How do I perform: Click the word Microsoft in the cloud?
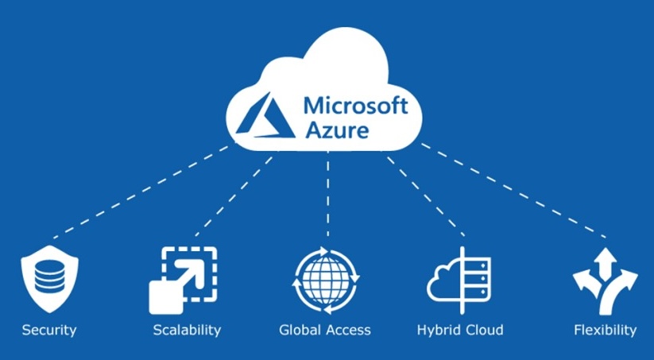click(356, 105)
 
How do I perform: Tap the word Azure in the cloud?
click(338, 130)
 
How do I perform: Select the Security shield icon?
click(49, 279)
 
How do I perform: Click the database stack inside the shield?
click(49, 278)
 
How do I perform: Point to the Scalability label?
click(187, 330)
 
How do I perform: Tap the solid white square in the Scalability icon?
click(166, 297)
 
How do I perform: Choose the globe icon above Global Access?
click(326, 280)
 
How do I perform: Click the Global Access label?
click(325, 330)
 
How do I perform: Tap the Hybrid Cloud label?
click(460, 330)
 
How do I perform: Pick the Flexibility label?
click(606, 330)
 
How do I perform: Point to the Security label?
click(49, 330)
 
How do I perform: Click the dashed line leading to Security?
click(141, 192)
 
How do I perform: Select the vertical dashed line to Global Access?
click(328, 195)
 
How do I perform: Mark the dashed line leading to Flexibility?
click(513, 191)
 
